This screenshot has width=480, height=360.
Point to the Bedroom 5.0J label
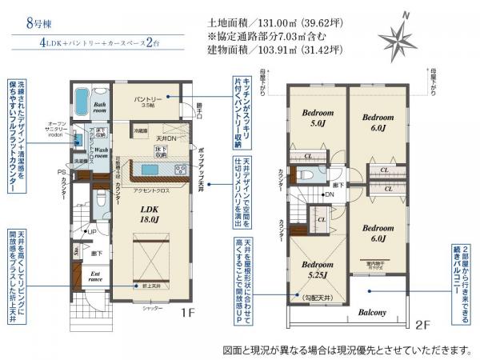(x=313, y=119)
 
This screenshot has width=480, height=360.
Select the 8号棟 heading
(x=25, y=23)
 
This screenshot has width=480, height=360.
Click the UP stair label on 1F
(x=93, y=232)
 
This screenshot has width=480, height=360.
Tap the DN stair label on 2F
(x=329, y=194)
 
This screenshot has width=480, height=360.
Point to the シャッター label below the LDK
(x=154, y=307)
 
